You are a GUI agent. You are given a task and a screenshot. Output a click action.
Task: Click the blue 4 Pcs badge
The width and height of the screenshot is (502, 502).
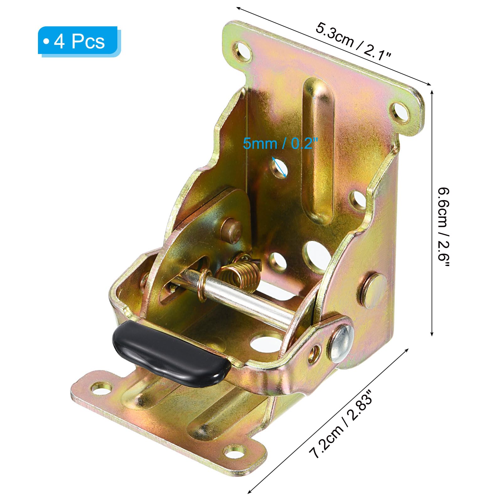coord(79,41)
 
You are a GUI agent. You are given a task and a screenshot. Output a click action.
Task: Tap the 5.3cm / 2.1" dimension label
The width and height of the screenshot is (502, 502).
coord(354,42)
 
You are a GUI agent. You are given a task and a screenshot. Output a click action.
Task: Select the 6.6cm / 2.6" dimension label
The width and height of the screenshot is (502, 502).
coord(444,227)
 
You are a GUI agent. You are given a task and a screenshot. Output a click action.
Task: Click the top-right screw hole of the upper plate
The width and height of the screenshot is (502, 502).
coord(399,112)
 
